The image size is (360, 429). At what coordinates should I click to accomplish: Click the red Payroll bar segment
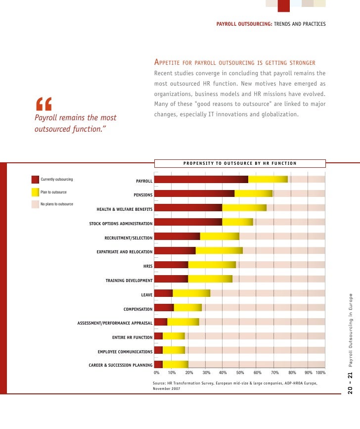(201, 179)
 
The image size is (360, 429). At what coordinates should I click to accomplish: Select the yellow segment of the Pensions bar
(253, 193)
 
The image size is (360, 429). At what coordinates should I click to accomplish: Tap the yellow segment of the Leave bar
(191, 293)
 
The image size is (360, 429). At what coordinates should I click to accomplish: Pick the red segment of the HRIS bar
(171, 265)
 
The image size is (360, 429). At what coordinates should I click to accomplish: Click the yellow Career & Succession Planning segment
(175, 365)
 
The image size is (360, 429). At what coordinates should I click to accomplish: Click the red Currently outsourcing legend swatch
(35, 179)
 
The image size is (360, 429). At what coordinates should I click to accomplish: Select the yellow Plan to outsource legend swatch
(35, 192)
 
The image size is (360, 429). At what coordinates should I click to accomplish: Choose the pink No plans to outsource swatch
(35, 204)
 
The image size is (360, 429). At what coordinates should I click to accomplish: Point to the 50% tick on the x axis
(240, 373)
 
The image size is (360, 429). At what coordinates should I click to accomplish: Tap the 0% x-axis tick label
(156, 373)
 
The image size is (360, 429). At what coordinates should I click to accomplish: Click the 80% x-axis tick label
(292, 373)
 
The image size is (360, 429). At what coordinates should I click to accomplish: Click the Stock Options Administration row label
(121, 224)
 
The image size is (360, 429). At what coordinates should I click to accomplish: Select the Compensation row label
(138, 309)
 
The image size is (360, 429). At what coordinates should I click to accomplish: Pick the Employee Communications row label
(125, 352)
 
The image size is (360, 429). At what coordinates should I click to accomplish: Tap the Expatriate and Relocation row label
(125, 252)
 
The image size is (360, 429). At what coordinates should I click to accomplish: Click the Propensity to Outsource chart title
(240, 163)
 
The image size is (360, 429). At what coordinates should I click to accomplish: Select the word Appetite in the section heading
(171, 63)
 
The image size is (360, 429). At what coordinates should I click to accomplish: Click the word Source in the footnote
(159, 383)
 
